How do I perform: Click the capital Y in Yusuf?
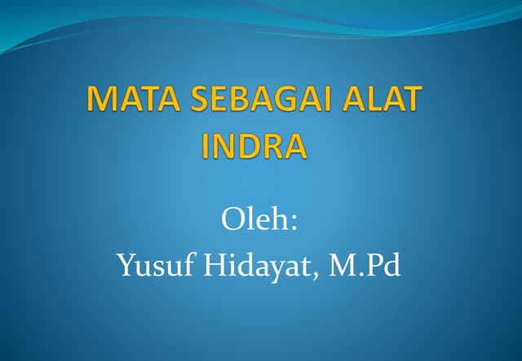126,266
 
